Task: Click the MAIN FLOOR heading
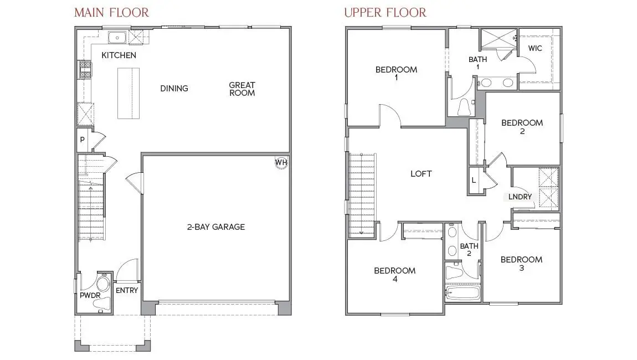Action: coord(111,12)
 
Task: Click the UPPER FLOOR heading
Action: coord(385,12)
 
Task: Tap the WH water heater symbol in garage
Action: coord(281,162)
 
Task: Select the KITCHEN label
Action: coord(119,55)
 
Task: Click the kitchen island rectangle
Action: coord(129,93)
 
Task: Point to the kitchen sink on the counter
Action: coord(117,38)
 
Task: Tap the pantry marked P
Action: coord(82,140)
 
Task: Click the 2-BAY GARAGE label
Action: coord(215,227)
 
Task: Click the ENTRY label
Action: coord(127,290)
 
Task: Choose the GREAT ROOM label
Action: coord(242,89)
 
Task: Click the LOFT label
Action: coord(420,174)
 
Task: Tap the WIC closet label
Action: coord(535,48)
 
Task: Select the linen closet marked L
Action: coord(474,181)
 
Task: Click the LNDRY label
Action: coord(520,197)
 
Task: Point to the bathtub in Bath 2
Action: coord(463,292)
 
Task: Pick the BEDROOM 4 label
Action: coord(394,275)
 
